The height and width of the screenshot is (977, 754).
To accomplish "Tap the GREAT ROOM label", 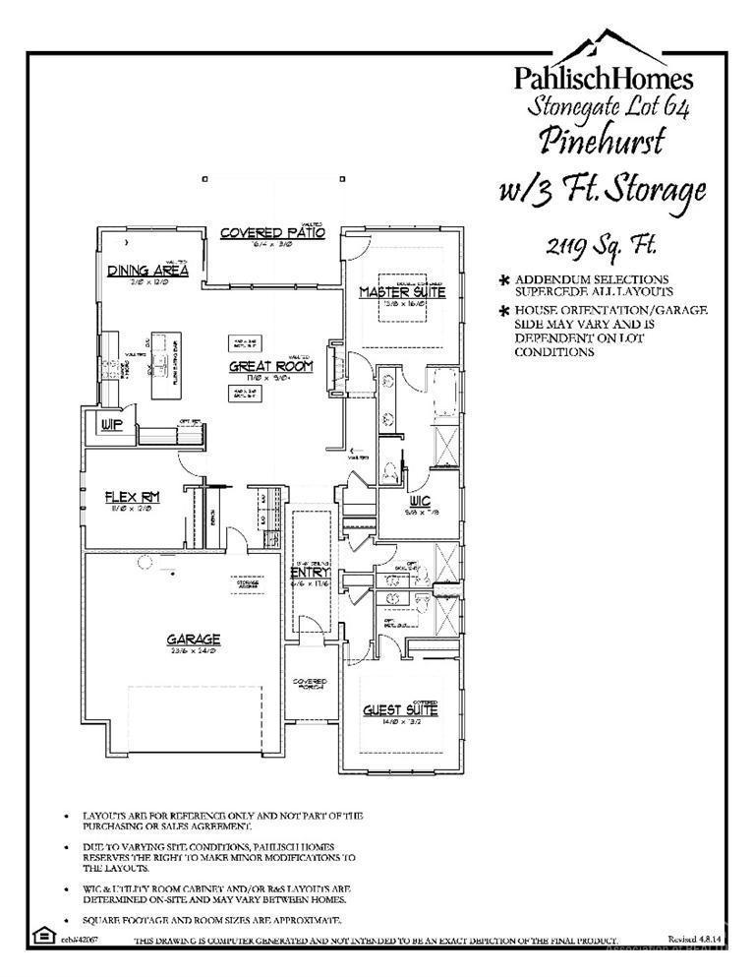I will click(x=270, y=366).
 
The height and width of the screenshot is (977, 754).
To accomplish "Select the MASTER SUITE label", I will click(x=401, y=292).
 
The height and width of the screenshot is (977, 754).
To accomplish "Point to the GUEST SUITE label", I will click(x=400, y=709).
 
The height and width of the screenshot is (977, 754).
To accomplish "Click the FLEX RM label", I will click(x=132, y=498).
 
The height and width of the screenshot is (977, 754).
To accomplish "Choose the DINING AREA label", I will click(x=148, y=271).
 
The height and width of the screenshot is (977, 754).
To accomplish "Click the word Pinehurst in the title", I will click(x=602, y=140).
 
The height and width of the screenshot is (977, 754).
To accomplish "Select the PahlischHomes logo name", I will click(x=604, y=79).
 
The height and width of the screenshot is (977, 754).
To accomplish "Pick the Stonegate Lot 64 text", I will click(x=610, y=105).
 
